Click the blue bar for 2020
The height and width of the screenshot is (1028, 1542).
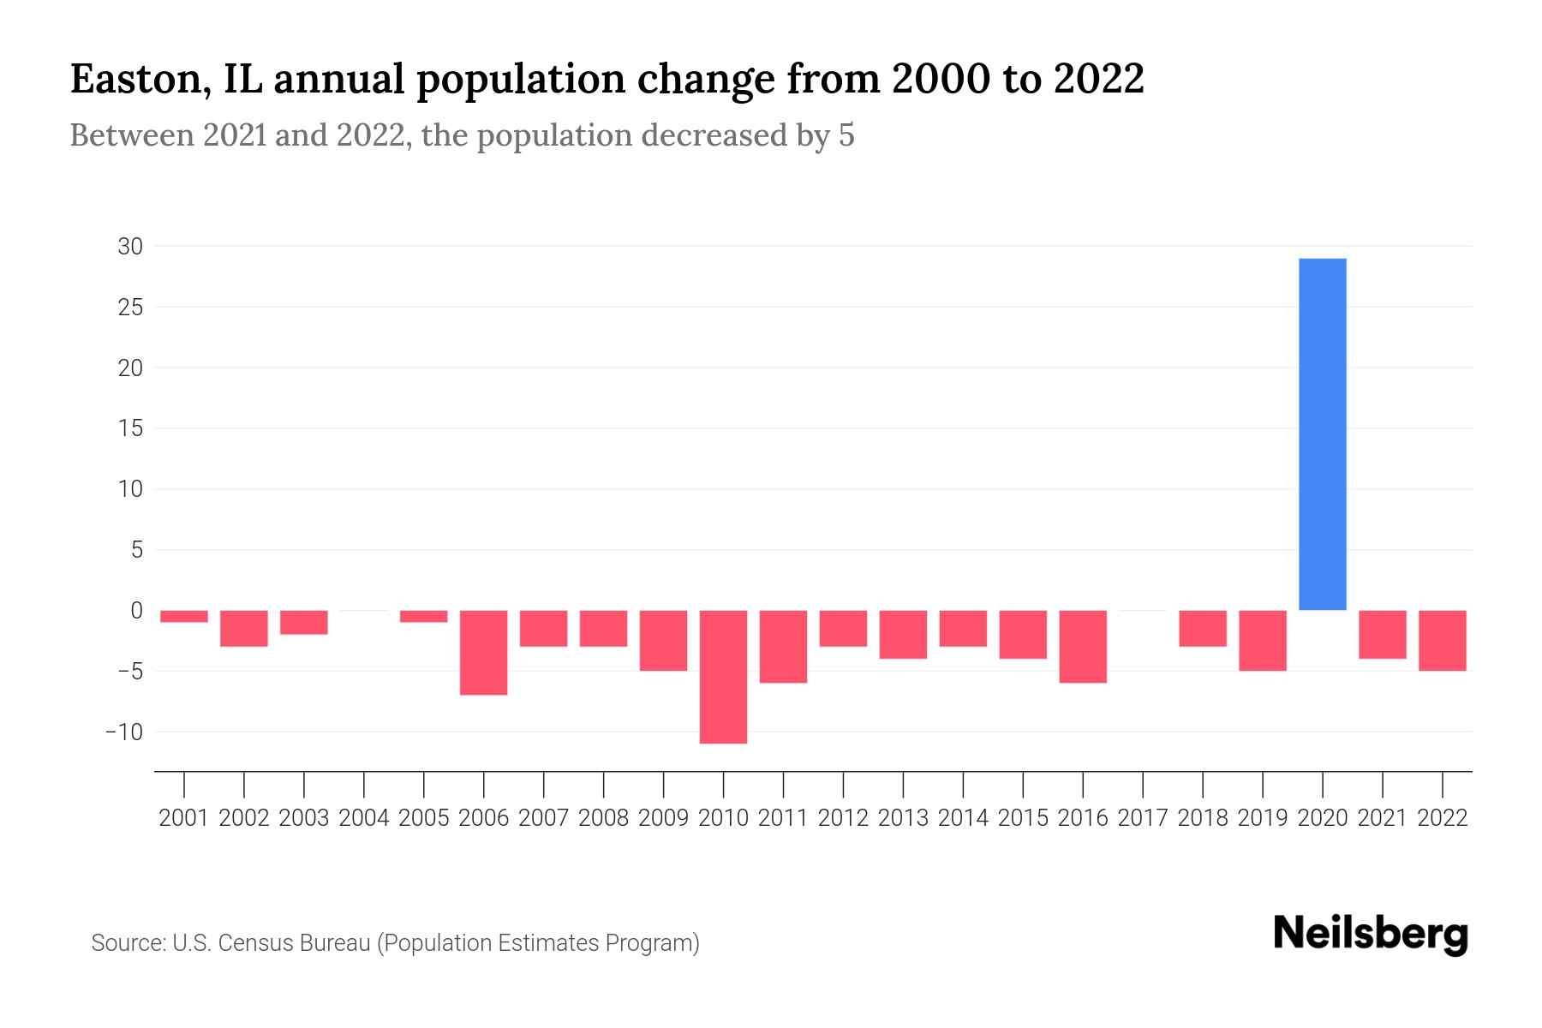(x=1323, y=434)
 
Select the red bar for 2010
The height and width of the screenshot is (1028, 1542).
(x=723, y=677)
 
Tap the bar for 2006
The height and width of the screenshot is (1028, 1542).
(x=484, y=652)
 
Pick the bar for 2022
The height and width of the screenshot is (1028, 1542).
(x=1443, y=640)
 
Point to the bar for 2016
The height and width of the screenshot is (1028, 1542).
(x=1083, y=646)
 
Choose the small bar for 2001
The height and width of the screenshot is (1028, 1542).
(x=184, y=616)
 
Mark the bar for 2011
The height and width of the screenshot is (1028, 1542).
(x=783, y=646)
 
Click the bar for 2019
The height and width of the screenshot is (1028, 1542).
(x=1263, y=640)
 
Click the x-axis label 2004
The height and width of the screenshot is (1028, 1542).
(x=364, y=818)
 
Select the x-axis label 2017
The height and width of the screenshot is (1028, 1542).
(x=1143, y=818)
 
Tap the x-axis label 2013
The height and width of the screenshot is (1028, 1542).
(x=903, y=818)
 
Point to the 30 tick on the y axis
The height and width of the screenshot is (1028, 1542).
(x=130, y=247)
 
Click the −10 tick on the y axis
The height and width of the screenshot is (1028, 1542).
(x=124, y=732)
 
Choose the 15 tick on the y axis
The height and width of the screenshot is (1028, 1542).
(x=130, y=428)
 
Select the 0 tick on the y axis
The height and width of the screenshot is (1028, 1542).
(x=136, y=611)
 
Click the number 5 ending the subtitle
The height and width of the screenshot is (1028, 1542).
(x=846, y=136)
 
